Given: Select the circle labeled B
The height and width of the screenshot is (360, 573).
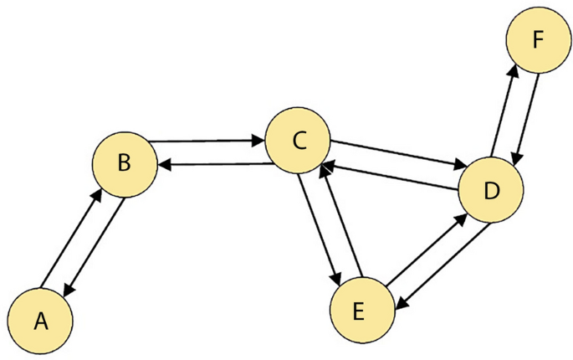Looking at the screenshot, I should (124, 164).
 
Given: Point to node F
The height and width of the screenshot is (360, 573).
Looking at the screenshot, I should (536, 39).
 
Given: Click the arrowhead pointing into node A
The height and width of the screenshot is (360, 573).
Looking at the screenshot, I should (69, 289).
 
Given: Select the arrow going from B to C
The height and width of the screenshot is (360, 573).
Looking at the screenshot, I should (205, 141).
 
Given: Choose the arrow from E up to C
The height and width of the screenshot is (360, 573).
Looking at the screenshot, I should (339, 219).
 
